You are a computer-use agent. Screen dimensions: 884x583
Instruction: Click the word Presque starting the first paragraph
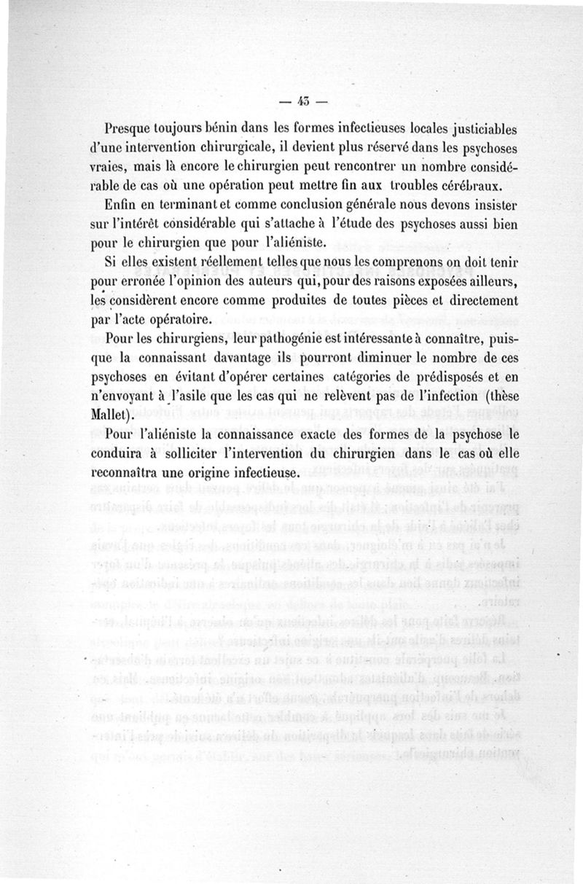pyautogui.click(x=132, y=129)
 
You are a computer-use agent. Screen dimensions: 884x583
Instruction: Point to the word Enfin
pyautogui.click(x=120, y=203)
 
